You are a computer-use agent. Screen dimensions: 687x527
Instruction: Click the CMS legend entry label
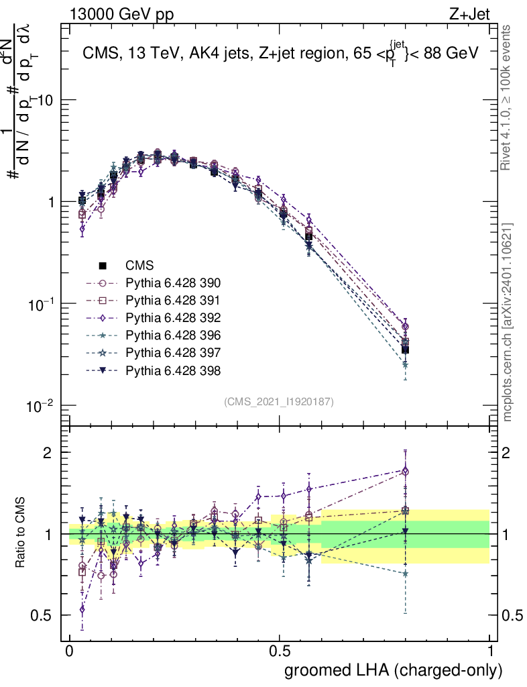[139, 266]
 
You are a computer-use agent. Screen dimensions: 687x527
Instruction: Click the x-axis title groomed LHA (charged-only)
[394, 670]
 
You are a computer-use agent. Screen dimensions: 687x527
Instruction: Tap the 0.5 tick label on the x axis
[280, 651]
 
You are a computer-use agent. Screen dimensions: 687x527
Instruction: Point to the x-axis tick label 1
[490, 651]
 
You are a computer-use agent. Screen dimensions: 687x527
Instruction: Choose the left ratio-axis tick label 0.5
[42, 615]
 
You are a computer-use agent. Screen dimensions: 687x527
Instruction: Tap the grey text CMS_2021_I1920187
[279, 402]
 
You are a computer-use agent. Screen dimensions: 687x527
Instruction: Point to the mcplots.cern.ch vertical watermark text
[508, 322]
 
